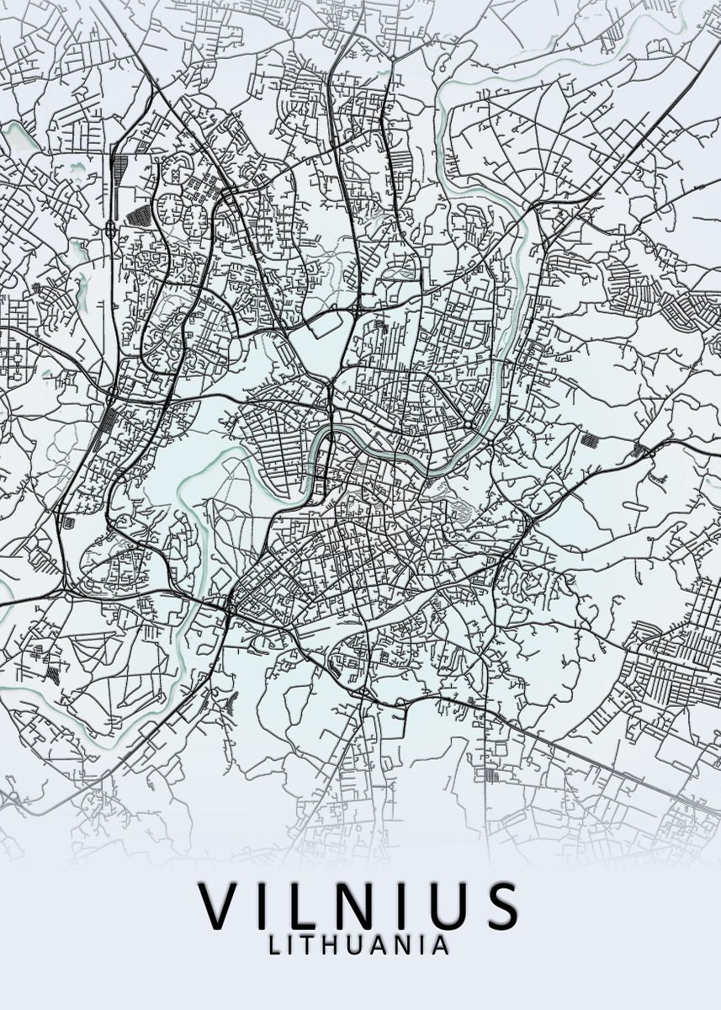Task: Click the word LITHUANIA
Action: pyautogui.click(x=359, y=945)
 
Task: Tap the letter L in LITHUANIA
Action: pyautogui.click(x=274, y=945)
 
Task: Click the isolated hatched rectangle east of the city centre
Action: pyautogui.click(x=590, y=439)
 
